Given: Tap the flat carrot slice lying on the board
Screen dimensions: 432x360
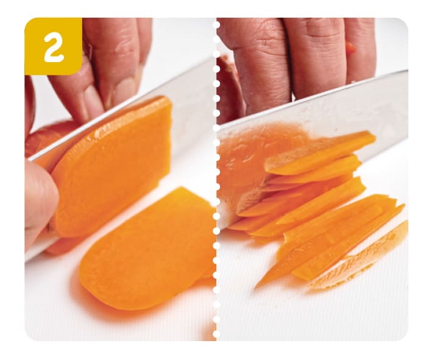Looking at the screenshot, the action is pos(146,248).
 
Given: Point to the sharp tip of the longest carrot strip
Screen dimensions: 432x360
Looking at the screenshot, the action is pos(255,288).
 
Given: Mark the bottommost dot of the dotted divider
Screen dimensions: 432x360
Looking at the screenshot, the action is pos(216,334).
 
